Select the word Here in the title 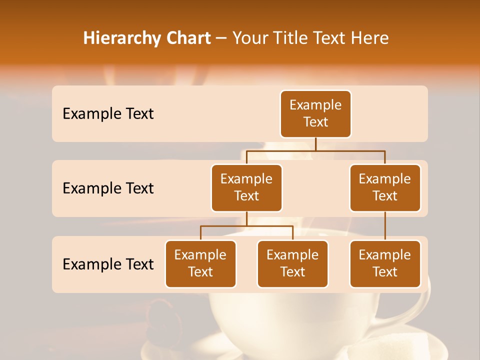pos(370,38)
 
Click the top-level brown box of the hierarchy pos(315,114)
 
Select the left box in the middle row pos(246,187)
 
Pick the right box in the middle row pos(385,187)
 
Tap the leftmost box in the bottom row pos(200,263)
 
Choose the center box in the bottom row pos(292,263)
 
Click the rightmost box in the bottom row pos(385,263)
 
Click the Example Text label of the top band pos(108,114)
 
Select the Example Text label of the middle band pos(108,188)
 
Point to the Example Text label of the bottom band pos(108,264)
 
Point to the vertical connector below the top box pos(315,144)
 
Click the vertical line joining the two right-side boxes pos(385,226)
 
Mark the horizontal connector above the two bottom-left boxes pos(246,226)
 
